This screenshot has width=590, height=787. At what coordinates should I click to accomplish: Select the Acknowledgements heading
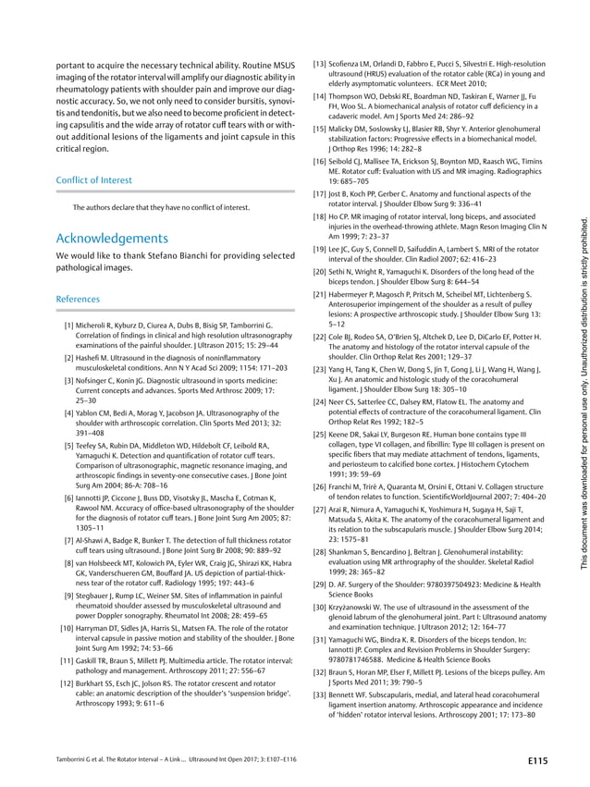pyautogui.click(x=113, y=238)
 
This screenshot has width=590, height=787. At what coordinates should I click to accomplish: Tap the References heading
pyautogui.click(x=79, y=300)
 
